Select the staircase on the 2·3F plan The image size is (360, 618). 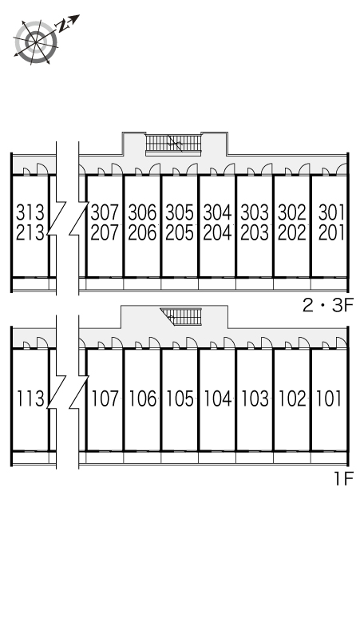tap(173, 144)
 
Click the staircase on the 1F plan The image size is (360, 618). tap(181, 316)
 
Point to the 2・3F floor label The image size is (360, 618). tap(328, 305)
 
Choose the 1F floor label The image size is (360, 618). tap(343, 478)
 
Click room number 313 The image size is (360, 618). tap(30, 213)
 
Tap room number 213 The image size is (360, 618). tap(30, 232)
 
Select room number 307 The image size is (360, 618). tap(105, 213)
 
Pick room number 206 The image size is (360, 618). tap(142, 232)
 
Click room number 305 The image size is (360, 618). tap(180, 213)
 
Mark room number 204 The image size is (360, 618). tap(217, 232)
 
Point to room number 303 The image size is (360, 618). tap(255, 213)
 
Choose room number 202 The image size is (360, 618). tap(292, 232)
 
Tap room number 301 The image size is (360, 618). tap(331, 213)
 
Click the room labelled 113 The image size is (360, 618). tap(30, 398)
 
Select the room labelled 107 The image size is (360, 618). tap(105, 398)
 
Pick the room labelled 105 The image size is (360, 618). tap(180, 398)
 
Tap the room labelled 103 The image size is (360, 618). tap(255, 398)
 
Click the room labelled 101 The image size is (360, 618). tap(329, 398)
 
